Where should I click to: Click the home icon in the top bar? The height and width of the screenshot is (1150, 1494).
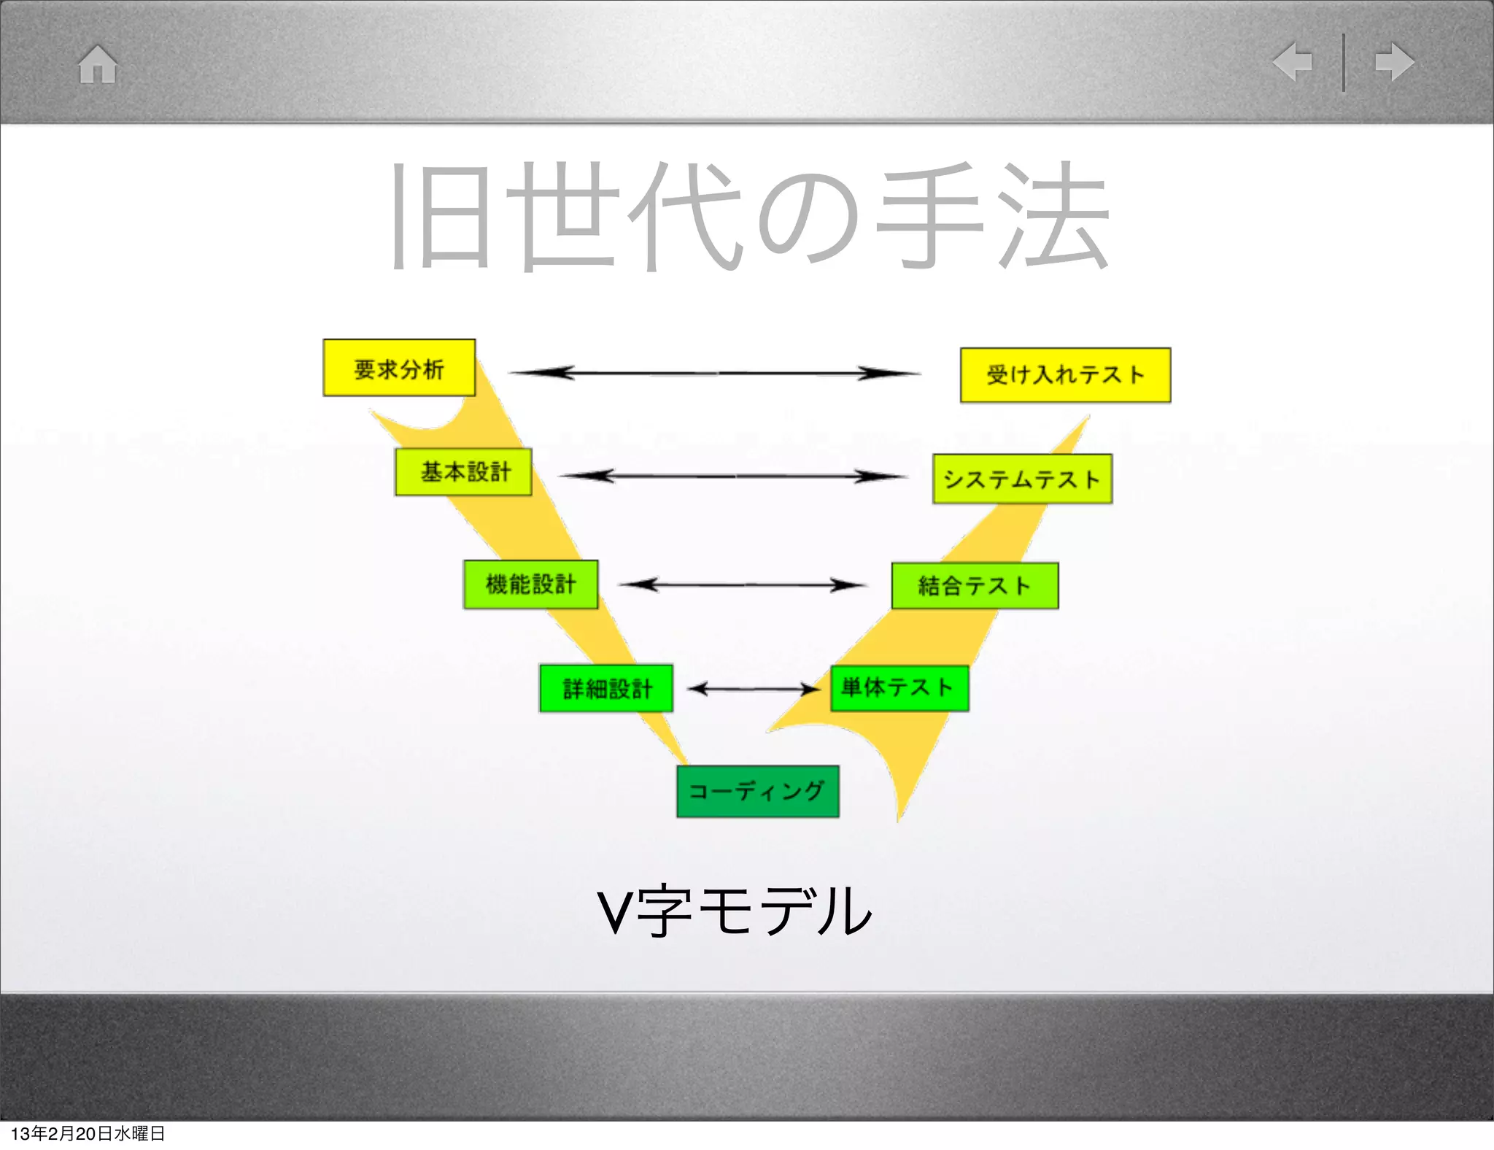98,64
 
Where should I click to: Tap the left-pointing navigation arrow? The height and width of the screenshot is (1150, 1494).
1293,61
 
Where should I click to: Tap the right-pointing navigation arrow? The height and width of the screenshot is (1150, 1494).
1394,61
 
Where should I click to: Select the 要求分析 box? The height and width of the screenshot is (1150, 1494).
399,368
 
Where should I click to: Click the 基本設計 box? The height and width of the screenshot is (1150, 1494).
464,472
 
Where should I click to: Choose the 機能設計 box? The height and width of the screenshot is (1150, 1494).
531,584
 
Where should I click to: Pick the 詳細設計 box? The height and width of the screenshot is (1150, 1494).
606,688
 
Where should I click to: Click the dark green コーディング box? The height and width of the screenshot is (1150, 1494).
758,792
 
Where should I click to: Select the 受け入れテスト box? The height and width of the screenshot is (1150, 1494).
1065,375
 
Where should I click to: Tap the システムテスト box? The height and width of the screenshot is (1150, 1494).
1022,479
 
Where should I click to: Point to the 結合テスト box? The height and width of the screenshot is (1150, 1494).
975,586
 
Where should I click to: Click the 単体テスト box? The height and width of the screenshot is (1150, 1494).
899,688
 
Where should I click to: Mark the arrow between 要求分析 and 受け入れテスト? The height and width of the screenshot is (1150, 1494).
715,373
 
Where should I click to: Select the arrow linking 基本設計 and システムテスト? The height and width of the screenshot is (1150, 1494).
733,476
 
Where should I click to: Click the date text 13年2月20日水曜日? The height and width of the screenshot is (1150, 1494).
88,1133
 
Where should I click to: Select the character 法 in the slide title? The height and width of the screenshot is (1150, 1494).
1054,215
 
